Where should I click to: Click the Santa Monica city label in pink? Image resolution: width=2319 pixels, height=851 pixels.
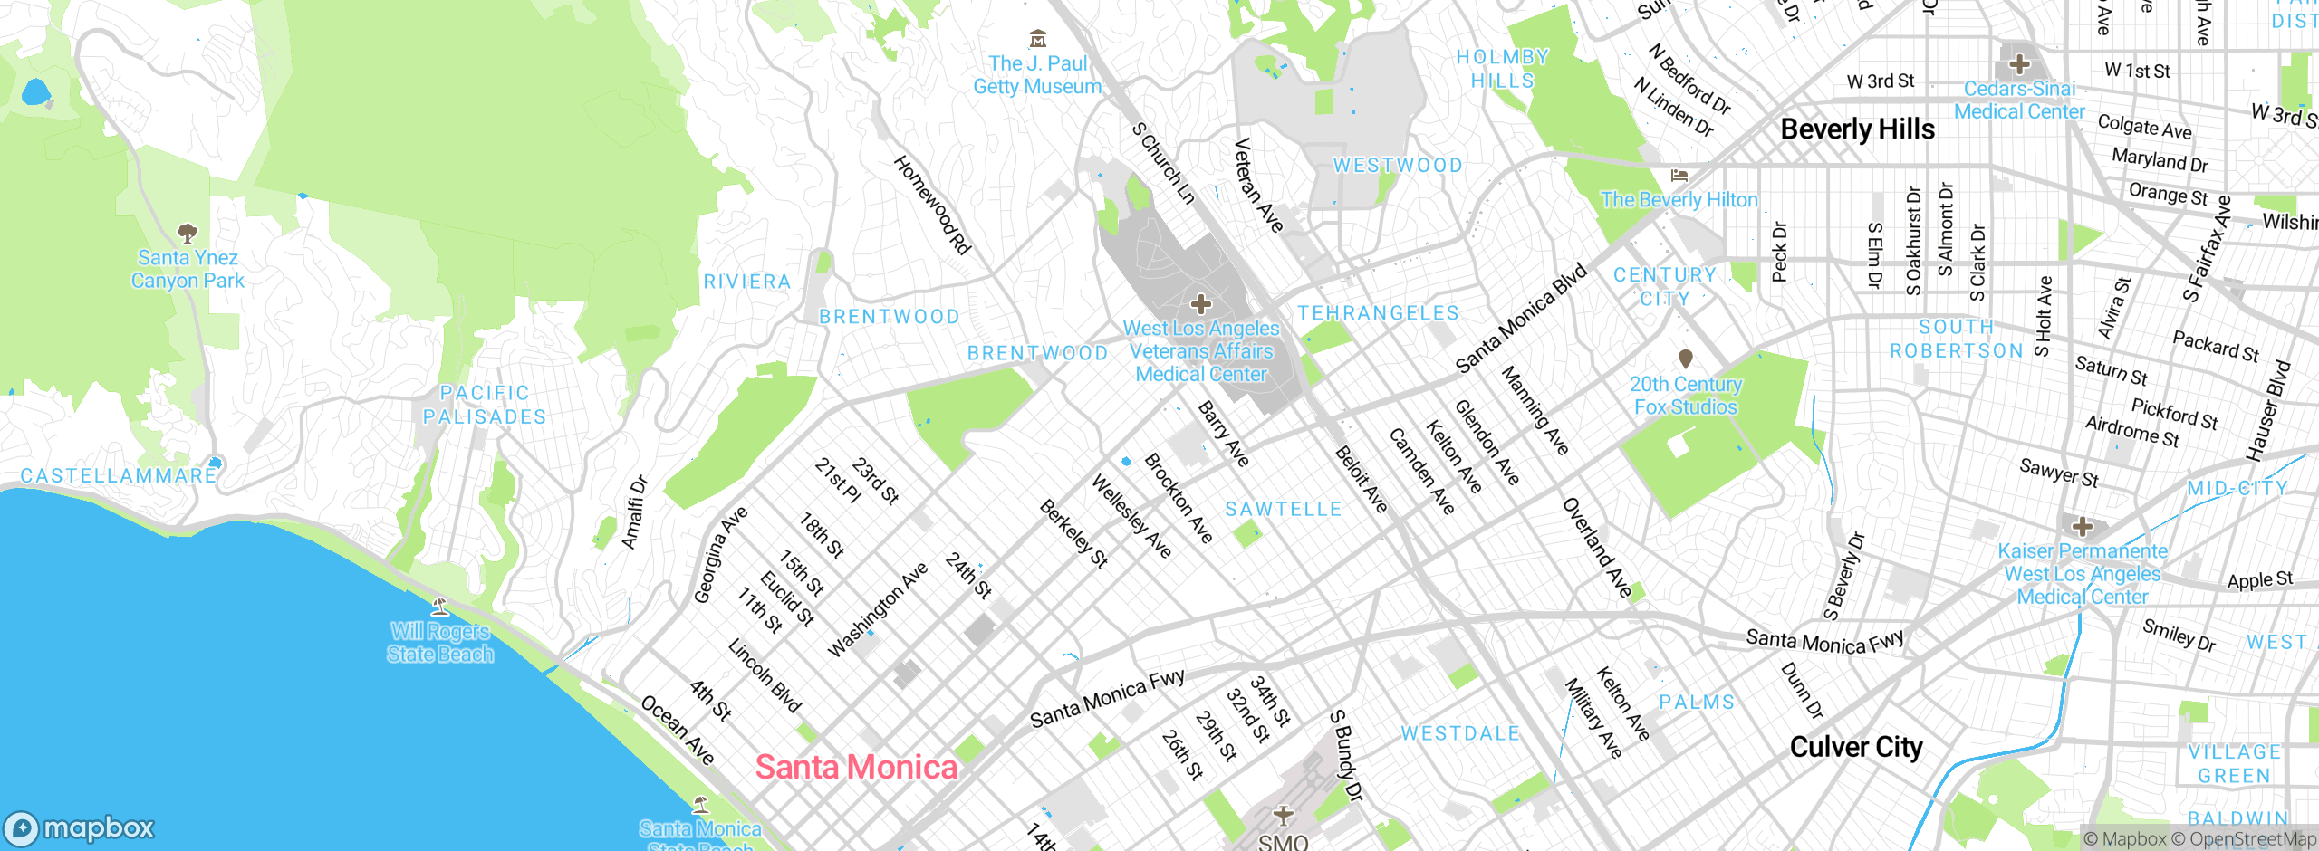tap(856, 768)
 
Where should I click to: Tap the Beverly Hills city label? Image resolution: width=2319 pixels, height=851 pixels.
tap(1857, 129)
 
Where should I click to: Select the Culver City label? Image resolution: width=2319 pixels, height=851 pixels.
tap(1855, 748)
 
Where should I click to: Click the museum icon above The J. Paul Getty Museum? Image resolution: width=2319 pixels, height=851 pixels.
tap(1038, 39)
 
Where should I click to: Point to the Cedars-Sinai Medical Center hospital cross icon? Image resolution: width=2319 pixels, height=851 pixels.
tap(2019, 64)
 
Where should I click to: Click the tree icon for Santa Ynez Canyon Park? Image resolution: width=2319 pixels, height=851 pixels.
tap(188, 234)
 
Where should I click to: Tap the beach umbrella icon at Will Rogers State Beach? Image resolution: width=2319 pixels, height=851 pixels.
tap(440, 607)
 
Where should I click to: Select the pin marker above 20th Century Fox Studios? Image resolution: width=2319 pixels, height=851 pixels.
tap(1685, 359)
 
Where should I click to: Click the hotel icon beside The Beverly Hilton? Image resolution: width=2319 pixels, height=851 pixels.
tap(1679, 176)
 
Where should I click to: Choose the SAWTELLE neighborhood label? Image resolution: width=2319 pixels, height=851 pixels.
tap(1284, 510)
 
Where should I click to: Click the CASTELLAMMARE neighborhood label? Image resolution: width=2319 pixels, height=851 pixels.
tap(119, 476)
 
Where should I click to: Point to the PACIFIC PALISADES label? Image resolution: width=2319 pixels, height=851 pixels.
tap(485, 405)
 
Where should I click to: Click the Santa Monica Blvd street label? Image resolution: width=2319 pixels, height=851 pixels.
tap(1521, 318)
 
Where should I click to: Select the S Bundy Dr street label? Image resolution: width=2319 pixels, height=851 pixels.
tap(1346, 756)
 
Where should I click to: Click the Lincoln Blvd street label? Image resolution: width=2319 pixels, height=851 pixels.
tap(765, 676)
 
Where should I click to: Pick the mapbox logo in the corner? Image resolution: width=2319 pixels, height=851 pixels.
tap(80, 827)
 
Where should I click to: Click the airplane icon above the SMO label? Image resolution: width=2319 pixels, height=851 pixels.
tap(1283, 815)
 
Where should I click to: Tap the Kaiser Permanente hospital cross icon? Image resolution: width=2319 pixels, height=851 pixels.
tap(2082, 527)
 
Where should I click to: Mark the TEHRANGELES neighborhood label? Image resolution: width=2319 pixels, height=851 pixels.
tap(1378, 313)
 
